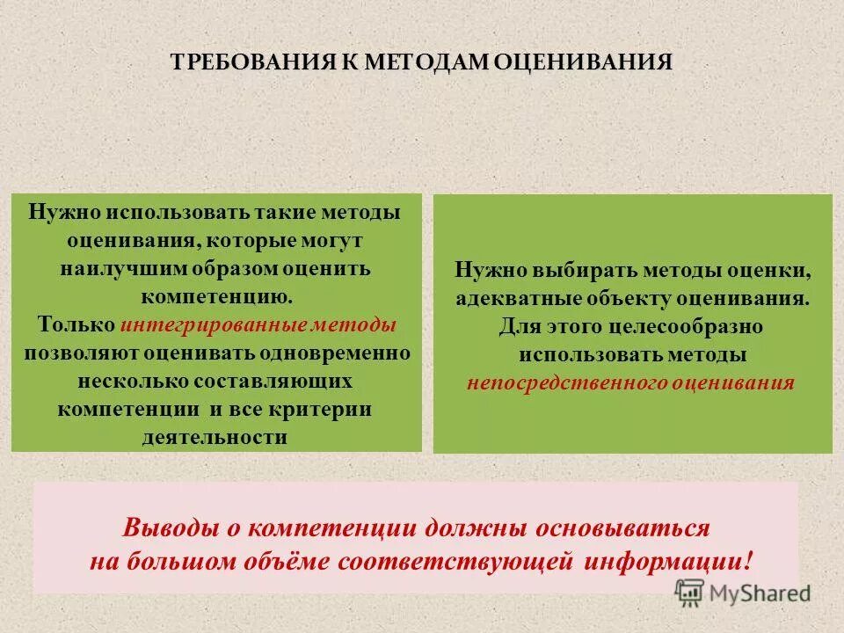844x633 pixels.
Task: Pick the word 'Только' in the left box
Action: tap(76, 324)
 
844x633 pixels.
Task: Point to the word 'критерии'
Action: tap(322, 409)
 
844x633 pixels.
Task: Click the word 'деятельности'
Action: tap(215, 437)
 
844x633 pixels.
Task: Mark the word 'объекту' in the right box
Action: tap(629, 298)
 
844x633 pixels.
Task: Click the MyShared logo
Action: tap(743, 591)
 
